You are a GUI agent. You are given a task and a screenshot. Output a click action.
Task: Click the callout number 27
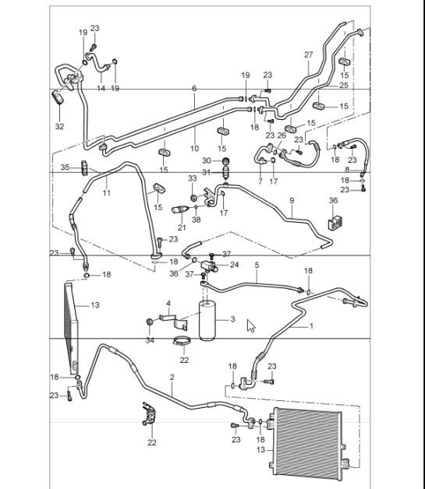coord(308,55)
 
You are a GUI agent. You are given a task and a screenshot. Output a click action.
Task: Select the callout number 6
coord(193,89)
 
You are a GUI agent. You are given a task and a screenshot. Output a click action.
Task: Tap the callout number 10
coord(194,148)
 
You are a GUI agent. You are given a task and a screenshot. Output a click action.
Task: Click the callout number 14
coord(101,89)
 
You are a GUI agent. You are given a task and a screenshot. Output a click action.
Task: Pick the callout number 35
coord(66,167)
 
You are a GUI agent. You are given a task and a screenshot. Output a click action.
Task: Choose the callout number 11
coord(107,192)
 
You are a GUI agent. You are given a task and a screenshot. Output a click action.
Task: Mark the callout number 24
coord(234,265)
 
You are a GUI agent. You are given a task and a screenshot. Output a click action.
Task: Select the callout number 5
coord(256,265)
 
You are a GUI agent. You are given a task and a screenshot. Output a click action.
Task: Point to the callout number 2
coord(172,378)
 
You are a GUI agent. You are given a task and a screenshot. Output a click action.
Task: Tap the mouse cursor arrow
coord(250,325)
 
